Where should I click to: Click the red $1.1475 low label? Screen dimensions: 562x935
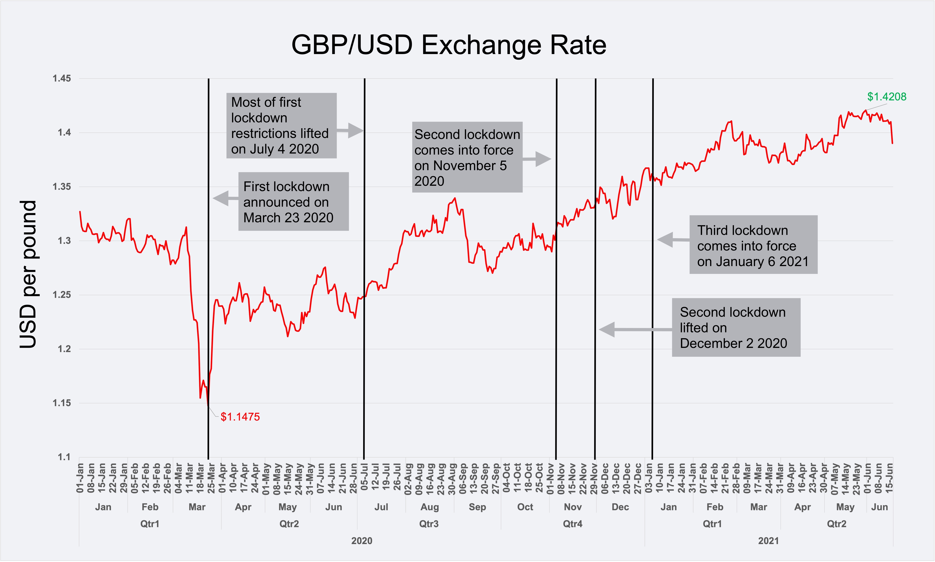240,417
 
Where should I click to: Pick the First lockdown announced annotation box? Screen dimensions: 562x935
293,202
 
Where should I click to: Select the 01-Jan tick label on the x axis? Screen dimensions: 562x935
80,478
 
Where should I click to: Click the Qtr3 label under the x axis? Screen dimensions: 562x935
429,524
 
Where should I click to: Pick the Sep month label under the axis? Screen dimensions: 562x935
477,507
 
